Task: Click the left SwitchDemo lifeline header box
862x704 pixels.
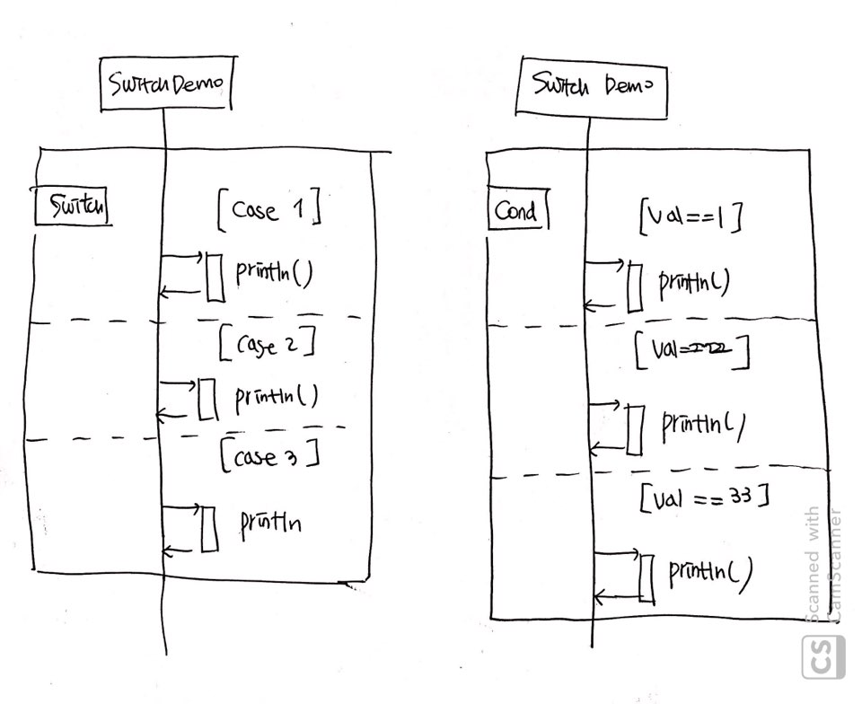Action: pos(165,85)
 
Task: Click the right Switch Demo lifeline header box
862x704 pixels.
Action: pos(589,87)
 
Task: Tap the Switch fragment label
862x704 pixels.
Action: pos(71,208)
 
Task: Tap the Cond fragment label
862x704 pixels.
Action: pos(516,213)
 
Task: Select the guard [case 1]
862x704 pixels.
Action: pos(268,210)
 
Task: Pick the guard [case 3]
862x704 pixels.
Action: pos(269,456)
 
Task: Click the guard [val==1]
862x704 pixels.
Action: pos(690,217)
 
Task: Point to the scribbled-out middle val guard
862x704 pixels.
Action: pos(691,352)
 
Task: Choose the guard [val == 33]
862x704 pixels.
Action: pos(705,497)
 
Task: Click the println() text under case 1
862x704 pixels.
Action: pos(273,271)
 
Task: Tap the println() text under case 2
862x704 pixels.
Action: pos(277,396)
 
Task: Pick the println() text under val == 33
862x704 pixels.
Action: pos(709,571)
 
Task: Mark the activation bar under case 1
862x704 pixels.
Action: pos(214,278)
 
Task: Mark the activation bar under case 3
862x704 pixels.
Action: pos(209,530)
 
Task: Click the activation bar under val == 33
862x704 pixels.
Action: pos(646,577)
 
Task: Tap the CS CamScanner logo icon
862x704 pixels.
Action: pos(822,656)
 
